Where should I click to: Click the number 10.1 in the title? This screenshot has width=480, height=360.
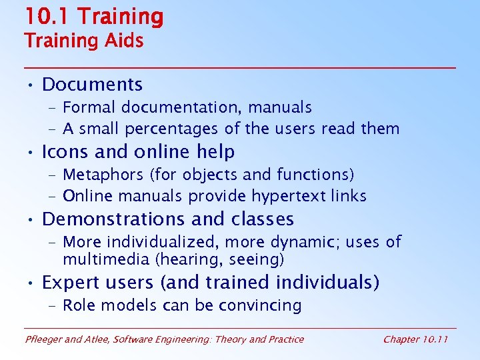coord(45,17)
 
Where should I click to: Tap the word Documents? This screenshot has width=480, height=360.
coord(92,85)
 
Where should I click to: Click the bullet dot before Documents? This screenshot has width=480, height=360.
coord(31,85)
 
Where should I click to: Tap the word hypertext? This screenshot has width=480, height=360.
coord(294,196)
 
